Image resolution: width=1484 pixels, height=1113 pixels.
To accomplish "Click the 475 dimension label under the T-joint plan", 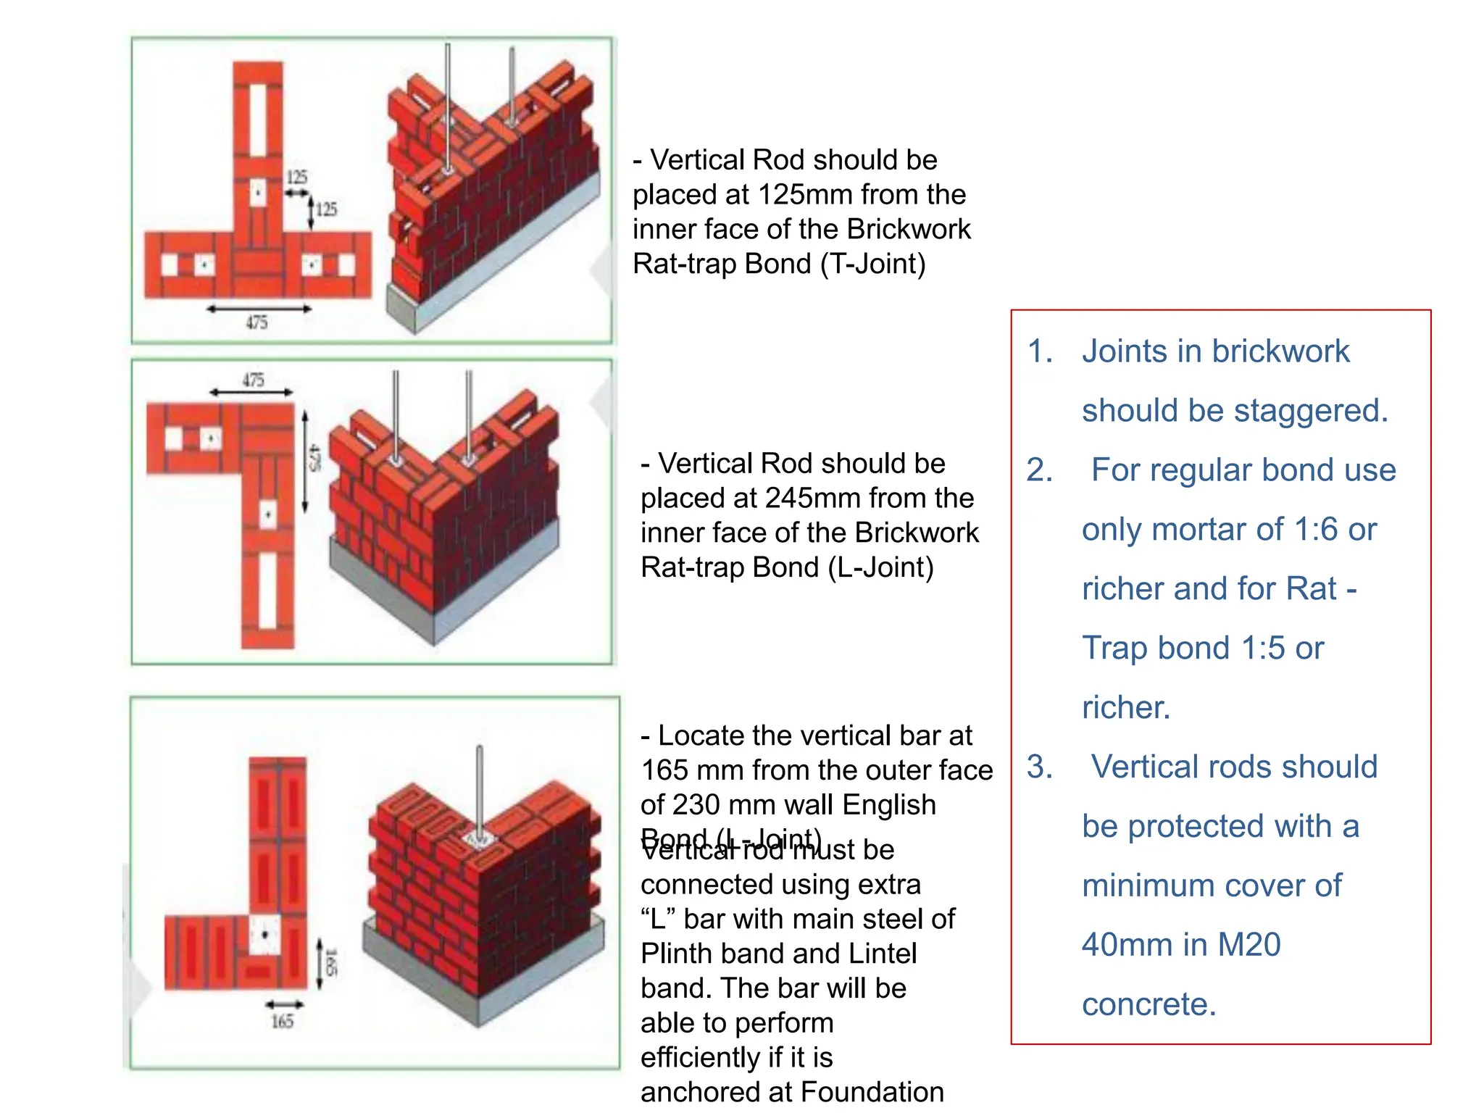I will [257, 322].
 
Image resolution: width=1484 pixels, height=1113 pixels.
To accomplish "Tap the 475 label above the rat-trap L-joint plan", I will [253, 380].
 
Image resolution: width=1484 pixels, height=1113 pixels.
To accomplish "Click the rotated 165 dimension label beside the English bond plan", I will [330, 963].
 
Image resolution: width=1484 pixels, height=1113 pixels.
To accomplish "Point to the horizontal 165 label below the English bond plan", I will [282, 1022].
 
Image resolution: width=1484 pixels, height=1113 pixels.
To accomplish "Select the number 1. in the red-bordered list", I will [1040, 351].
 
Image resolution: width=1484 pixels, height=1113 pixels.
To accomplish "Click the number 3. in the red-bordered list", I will [1040, 767].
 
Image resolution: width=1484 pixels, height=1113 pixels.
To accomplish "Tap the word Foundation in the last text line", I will [872, 1092].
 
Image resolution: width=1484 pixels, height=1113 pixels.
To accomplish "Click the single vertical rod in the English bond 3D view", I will [479, 790].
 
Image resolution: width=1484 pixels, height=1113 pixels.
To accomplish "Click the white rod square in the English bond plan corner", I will [264, 935].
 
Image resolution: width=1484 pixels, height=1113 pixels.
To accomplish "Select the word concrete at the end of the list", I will [1148, 1004].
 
